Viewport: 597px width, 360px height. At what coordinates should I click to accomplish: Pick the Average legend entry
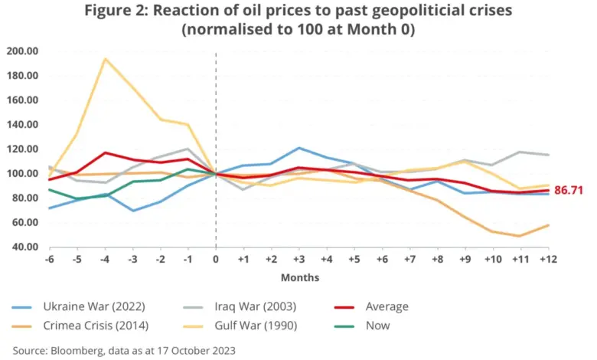[x=387, y=306]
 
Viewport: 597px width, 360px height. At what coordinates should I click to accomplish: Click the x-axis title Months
[x=300, y=277]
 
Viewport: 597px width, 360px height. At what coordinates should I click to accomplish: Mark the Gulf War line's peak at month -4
[x=106, y=59]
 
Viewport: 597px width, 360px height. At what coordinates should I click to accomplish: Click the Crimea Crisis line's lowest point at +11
[x=521, y=236]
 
